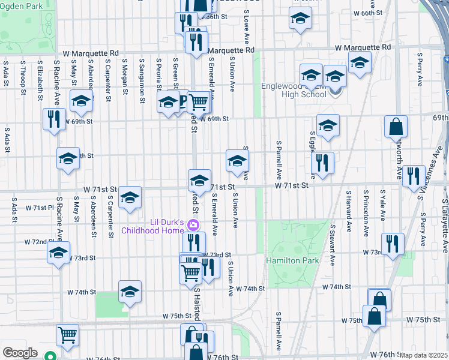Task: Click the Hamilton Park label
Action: [x=301, y=261]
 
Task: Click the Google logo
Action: [x=20, y=352]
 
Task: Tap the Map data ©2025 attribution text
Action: [x=423, y=355]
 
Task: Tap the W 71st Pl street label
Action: [x=40, y=208]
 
